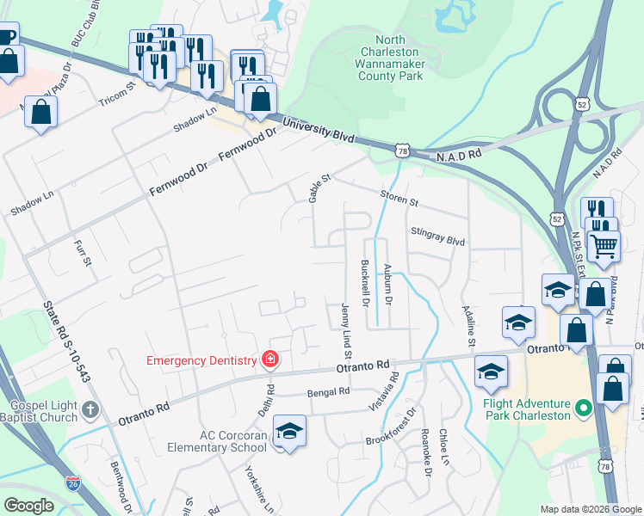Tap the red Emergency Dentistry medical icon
[x=270, y=359]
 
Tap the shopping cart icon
[x=604, y=246]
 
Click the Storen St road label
[x=399, y=201]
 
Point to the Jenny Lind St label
[x=347, y=330]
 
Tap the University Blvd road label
[x=319, y=131]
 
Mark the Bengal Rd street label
[x=329, y=391]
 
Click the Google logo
[x=29, y=506]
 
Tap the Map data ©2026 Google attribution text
[x=591, y=509]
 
